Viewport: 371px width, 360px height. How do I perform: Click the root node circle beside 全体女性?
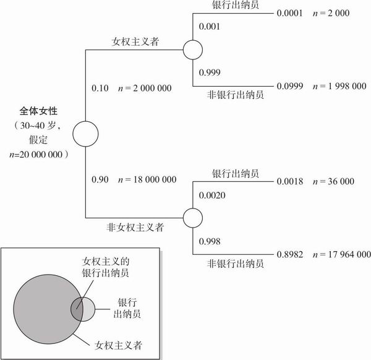pos(85,134)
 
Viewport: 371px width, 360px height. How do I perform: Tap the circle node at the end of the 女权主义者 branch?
pos(193,49)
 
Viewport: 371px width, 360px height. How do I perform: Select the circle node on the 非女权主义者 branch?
pos(193,218)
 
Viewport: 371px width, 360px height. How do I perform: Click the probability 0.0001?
pos(289,13)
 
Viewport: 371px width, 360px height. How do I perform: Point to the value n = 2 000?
pos(331,13)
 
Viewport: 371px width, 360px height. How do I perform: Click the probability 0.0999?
pos(290,86)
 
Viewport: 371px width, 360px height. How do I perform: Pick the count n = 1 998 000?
pos(339,86)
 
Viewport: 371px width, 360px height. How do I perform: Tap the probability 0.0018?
pos(290,181)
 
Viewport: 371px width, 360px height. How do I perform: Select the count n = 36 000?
pos(333,181)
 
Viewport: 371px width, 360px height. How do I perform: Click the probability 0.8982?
pos(290,254)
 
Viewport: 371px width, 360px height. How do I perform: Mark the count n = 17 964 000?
pos(342,254)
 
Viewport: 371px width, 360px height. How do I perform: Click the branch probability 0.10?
pos(100,88)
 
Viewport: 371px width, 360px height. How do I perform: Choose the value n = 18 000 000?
pos(147,179)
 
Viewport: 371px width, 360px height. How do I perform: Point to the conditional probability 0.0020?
pos(212,195)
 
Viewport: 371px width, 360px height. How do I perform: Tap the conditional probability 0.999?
pos(210,72)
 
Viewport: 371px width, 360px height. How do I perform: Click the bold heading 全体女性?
pos(38,111)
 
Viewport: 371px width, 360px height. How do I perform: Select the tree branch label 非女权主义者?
pos(135,228)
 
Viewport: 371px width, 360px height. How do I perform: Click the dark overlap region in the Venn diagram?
pos(77,309)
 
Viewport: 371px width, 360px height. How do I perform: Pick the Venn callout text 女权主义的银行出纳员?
pos(106,267)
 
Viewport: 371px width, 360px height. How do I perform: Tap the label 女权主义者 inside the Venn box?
pos(118,345)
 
